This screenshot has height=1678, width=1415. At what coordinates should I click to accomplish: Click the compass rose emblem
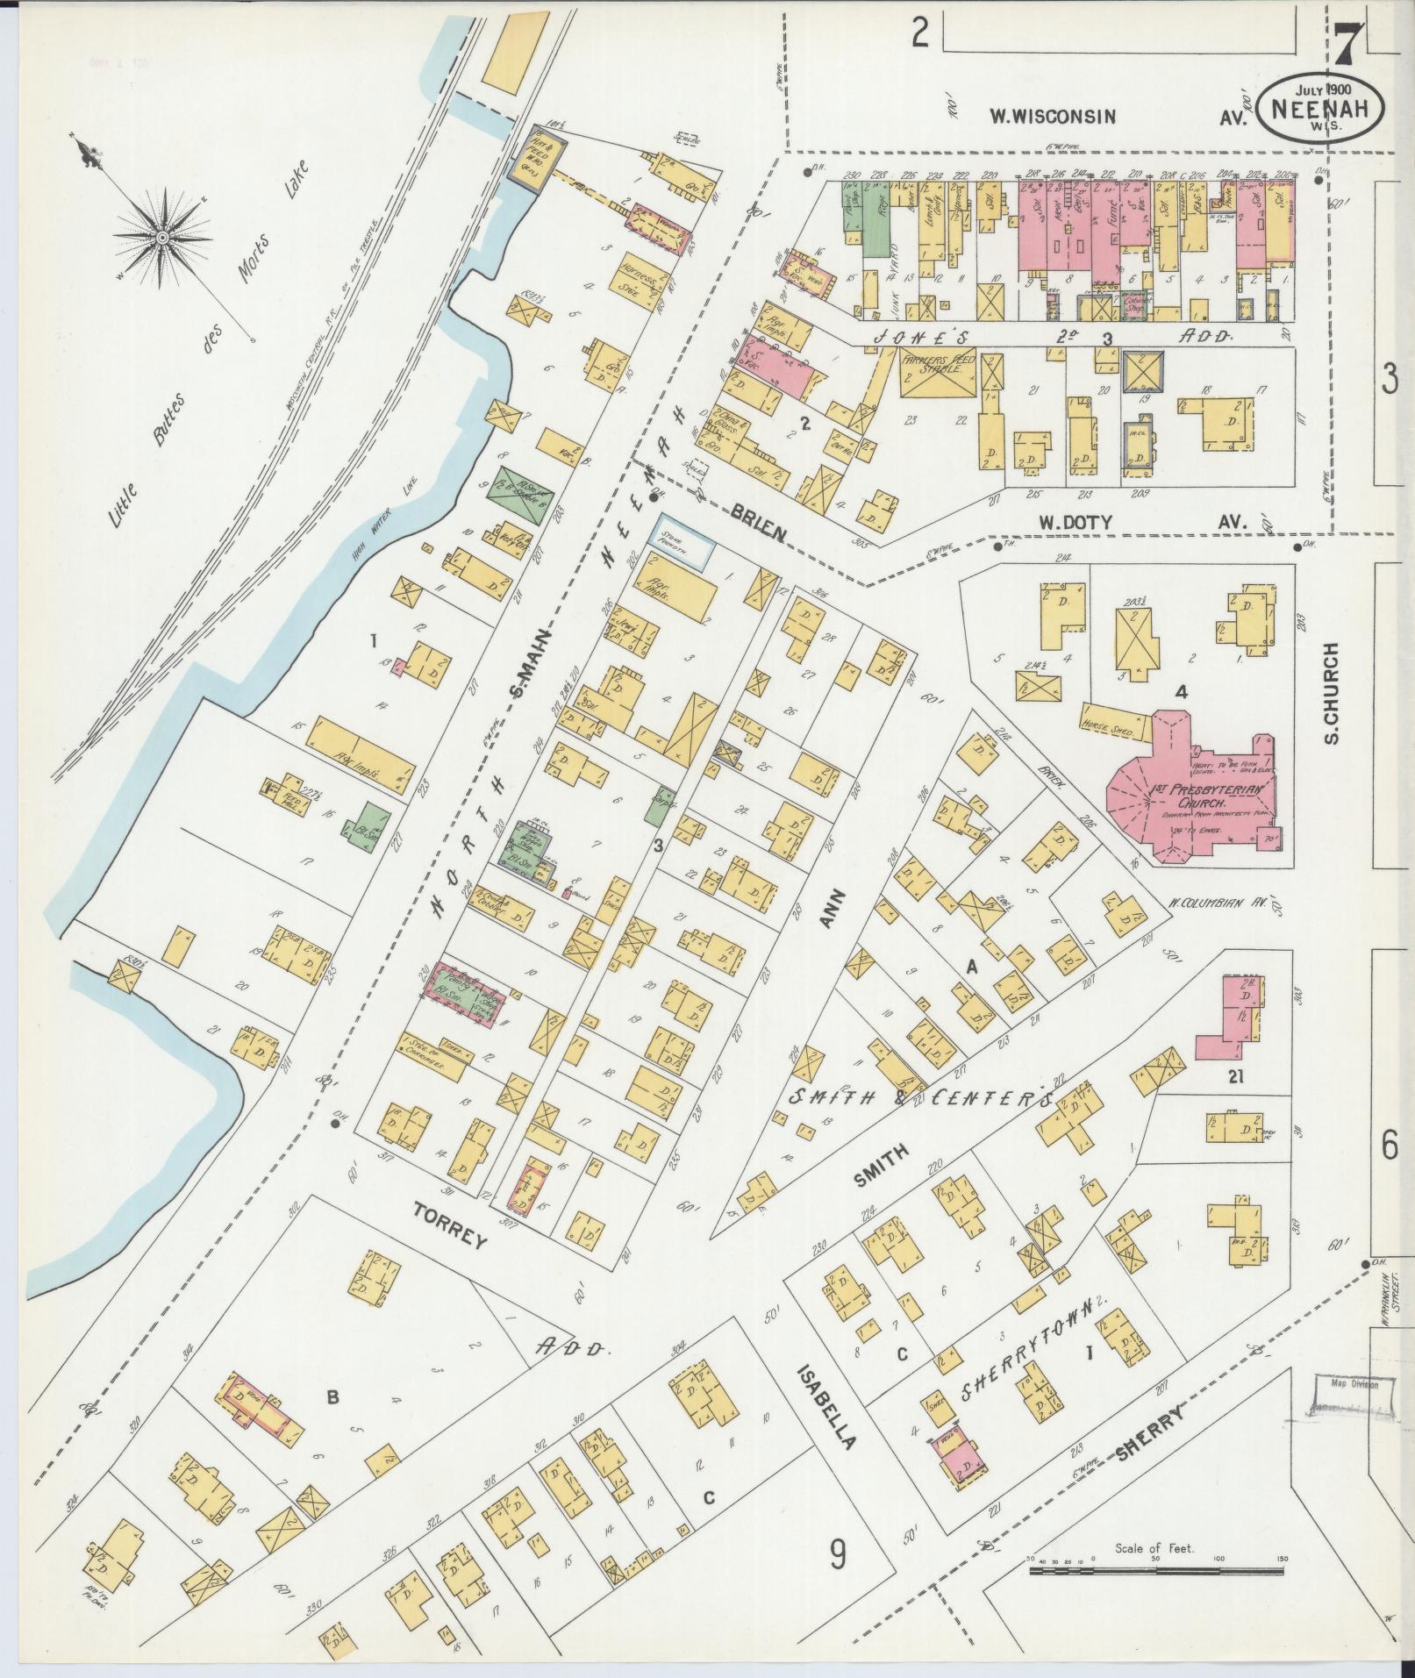click(163, 237)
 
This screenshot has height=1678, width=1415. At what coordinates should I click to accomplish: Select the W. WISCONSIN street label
click(1053, 116)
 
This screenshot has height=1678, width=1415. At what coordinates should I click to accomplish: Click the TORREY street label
click(450, 1240)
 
